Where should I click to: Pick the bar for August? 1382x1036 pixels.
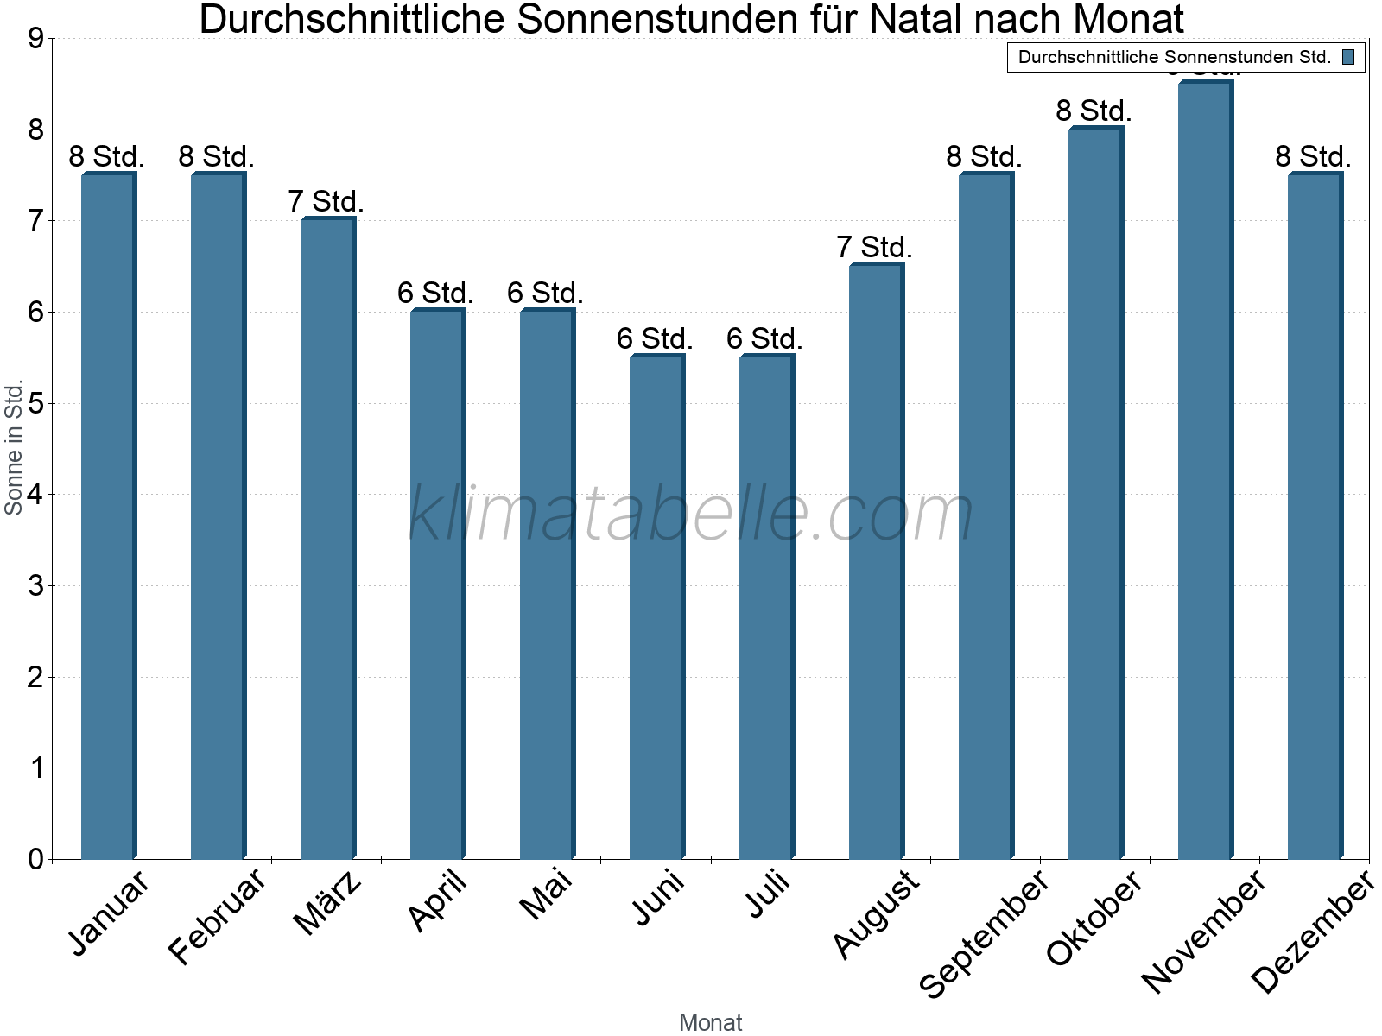[875, 561]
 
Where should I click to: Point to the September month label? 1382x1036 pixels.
[985, 932]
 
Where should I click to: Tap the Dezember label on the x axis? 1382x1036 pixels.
[1313, 932]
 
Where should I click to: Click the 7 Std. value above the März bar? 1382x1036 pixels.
[326, 202]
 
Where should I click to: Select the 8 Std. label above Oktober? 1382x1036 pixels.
[1094, 111]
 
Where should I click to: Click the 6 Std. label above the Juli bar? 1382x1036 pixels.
[764, 339]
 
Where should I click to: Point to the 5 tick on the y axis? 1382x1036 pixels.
[35, 403]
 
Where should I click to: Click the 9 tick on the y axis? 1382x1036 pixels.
[35, 39]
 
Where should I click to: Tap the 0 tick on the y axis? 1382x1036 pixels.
[35, 859]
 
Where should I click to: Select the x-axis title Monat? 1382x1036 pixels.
[710, 1022]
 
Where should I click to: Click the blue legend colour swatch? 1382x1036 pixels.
[1348, 57]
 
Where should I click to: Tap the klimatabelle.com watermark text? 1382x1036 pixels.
[691, 514]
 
